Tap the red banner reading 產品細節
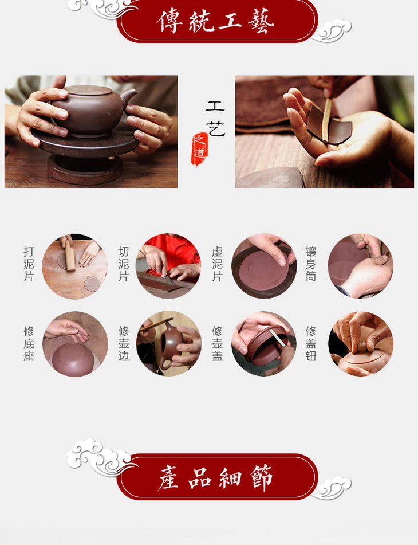coord(217,477)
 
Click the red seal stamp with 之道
coord(200,149)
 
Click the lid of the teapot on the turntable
coord(89,90)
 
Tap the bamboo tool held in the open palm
coord(326,119)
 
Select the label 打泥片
coord(29,264)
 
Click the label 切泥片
coord(124,264)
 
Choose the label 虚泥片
coord(218,264)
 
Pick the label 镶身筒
coord(311,264)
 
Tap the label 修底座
coord(29,343)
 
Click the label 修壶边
coord(124,343)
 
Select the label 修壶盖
coord(218,343)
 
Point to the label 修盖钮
coord(311,343)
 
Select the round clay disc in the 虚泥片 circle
coord(263,270)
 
